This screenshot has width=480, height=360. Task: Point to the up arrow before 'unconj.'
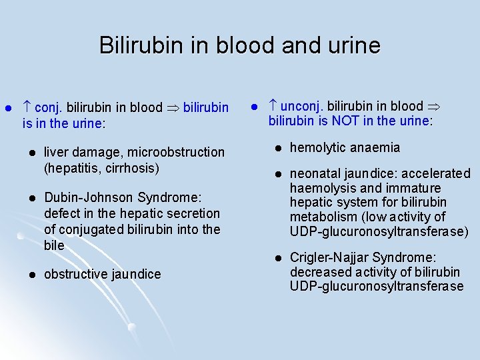[273, 105]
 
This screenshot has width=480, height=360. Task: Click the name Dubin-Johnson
[89, 197]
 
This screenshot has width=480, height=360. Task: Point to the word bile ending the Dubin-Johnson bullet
[54, 245]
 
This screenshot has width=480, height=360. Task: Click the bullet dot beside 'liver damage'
[31, 153]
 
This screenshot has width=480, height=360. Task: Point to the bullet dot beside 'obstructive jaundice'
[31, 274]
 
